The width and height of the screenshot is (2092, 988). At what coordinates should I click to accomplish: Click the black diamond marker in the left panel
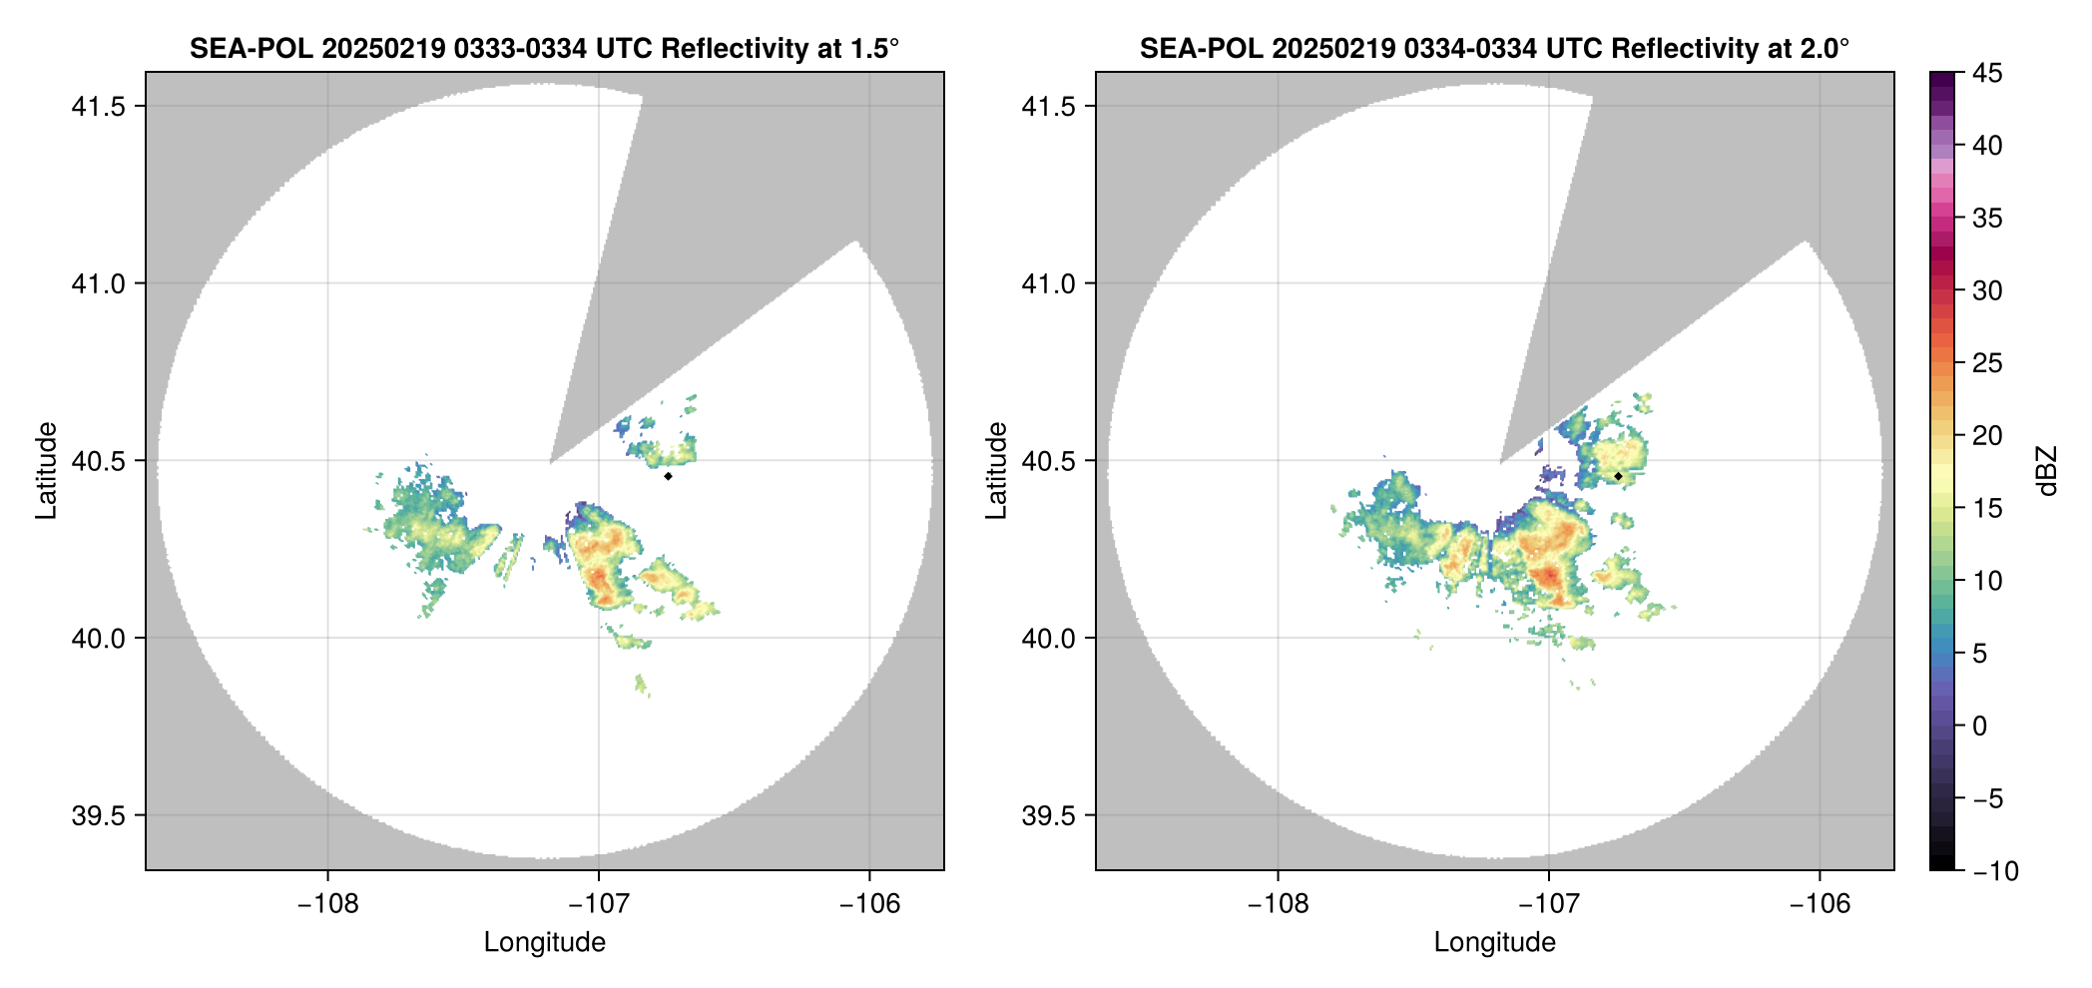[x=668, y=476]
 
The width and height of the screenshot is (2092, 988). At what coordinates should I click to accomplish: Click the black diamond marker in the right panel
[x=1618, y=476]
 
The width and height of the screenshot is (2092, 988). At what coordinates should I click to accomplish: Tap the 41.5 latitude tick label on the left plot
[x=97, y=107]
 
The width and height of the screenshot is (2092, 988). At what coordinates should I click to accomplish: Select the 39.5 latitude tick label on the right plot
[x=1047, y=815]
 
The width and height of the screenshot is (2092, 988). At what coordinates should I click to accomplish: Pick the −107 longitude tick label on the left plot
[x=598, y=904]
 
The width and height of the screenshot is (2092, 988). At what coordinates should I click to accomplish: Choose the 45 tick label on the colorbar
[x=1987, y=73]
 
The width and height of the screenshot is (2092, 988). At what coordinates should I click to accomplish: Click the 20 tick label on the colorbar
[x=1987, y=436]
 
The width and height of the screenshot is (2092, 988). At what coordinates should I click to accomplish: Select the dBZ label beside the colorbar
[x=2048, y=471]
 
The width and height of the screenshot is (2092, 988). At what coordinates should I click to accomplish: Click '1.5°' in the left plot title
[x=875, y=48]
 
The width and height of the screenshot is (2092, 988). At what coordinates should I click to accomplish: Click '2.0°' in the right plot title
[x=1826, y=48]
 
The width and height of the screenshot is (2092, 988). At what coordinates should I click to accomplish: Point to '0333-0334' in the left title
[x=520, y=48]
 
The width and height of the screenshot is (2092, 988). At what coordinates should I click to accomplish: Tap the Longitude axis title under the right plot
[x=1495, y=942]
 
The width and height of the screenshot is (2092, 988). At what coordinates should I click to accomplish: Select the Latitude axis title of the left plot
[x=47, y=470]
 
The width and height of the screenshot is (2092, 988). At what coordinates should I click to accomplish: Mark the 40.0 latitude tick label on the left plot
[x=97, y=638]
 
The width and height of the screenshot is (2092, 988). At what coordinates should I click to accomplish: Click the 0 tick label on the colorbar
[x=1980, y=727]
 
